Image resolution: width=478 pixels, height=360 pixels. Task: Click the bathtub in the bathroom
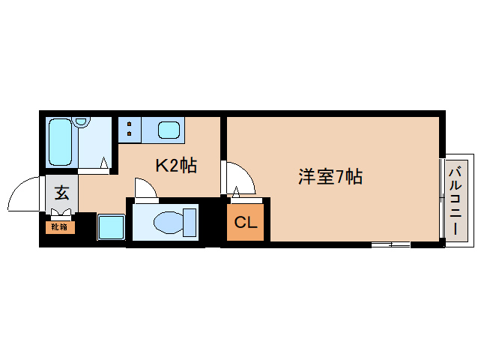pos(64,142)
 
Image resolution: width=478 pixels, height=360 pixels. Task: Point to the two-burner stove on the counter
pos(130,129)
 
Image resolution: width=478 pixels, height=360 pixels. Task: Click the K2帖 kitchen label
pos(176,166)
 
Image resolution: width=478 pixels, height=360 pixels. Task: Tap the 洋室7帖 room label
pos(330,178)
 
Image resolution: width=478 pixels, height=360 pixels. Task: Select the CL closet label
pos(245,223)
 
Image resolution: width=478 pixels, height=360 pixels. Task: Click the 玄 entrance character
pos(61,192)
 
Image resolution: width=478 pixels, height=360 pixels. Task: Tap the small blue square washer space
pos(112,226)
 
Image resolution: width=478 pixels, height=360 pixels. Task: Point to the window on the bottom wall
pos(390,244)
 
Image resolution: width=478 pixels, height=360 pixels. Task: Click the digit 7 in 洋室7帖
pos(340,178)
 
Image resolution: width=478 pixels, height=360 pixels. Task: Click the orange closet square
pos(245,223)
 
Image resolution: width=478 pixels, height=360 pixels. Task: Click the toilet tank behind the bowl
pos(189,223)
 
